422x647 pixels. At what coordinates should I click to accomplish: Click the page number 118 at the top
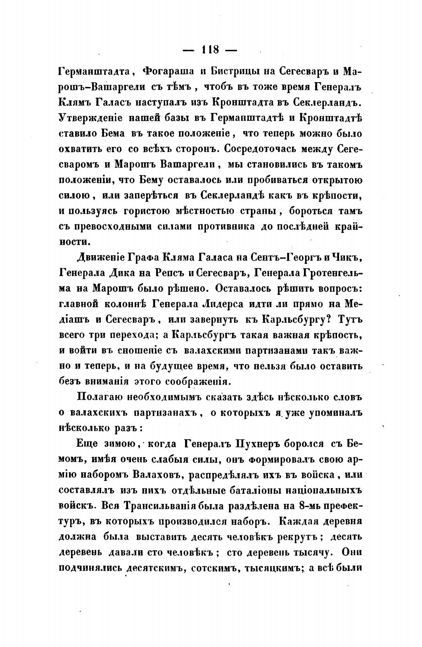click(210, 49)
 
